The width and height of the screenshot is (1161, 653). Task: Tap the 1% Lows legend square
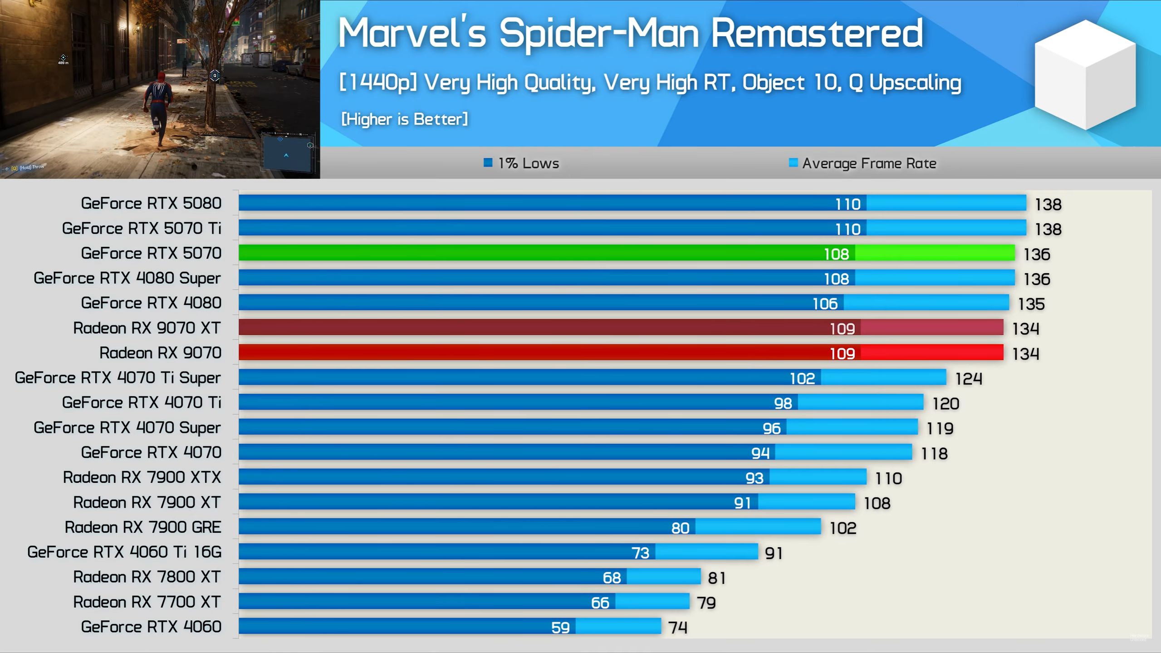488,163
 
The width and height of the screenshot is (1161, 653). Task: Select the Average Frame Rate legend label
869,163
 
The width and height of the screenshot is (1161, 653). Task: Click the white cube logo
1085,75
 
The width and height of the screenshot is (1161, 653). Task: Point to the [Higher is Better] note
404,119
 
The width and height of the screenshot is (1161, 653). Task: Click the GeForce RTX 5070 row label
151,253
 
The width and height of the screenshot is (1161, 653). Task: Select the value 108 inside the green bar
836,254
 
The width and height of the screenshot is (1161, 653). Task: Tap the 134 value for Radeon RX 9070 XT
1025,329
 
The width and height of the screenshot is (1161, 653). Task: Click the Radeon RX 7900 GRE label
143,527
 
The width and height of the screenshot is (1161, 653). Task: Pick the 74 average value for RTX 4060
678,628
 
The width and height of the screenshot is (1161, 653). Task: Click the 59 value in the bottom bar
560,628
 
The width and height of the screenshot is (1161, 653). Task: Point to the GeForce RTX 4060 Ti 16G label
124,552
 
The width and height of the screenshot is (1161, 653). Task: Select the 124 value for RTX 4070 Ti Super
969,378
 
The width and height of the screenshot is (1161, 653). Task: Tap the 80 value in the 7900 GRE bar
680,528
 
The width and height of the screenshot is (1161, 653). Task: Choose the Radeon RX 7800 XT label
147,577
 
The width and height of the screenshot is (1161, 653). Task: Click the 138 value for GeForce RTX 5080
1048,204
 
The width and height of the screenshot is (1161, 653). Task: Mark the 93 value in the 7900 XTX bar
754,478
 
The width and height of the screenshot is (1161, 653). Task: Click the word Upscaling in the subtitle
915,83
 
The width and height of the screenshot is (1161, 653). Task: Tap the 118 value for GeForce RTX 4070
934,453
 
